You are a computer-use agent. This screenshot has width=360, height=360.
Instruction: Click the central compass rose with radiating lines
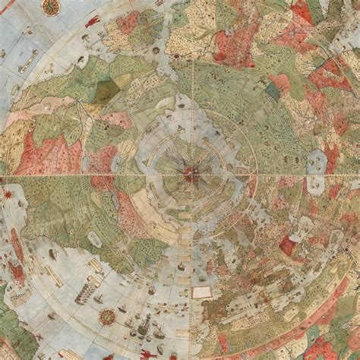tap(191, 174)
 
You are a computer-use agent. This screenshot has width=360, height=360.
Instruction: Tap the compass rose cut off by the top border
tap(51, 7)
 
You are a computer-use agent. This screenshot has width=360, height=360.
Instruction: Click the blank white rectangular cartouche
tap(202, 292)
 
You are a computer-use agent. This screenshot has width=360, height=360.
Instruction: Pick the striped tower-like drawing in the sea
tap(87, 289)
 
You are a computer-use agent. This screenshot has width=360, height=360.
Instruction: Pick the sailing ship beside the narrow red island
tap(51, 254)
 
